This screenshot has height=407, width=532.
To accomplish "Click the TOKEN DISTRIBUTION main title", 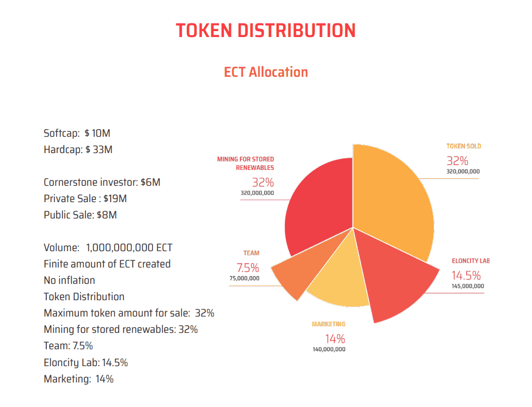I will tap(266, 30).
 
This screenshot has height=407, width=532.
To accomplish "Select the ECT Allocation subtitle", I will tap(266, 72).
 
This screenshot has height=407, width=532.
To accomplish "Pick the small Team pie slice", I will tap(291, 275).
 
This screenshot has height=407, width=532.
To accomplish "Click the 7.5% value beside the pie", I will tap(247, 268).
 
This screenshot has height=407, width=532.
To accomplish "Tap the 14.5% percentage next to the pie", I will tap(466, 275).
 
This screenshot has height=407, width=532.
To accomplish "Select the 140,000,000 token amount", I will tap(328, 349).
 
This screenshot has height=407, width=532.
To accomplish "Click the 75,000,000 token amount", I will tap(244, 278).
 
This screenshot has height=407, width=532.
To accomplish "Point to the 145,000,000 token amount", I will tap(467, 285).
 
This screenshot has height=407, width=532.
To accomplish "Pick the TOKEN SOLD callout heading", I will tap(463, 146).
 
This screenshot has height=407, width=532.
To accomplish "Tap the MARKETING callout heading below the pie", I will tap(328, 324).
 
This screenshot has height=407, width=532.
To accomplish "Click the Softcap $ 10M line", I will tap(77, 133).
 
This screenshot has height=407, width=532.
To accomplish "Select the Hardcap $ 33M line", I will tap(78, 149).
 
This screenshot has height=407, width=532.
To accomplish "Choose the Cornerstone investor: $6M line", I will tap(102, 182).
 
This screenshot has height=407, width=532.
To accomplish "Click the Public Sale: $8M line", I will tap(80, 215).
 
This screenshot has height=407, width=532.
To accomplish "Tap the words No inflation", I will tap(69, 280).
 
